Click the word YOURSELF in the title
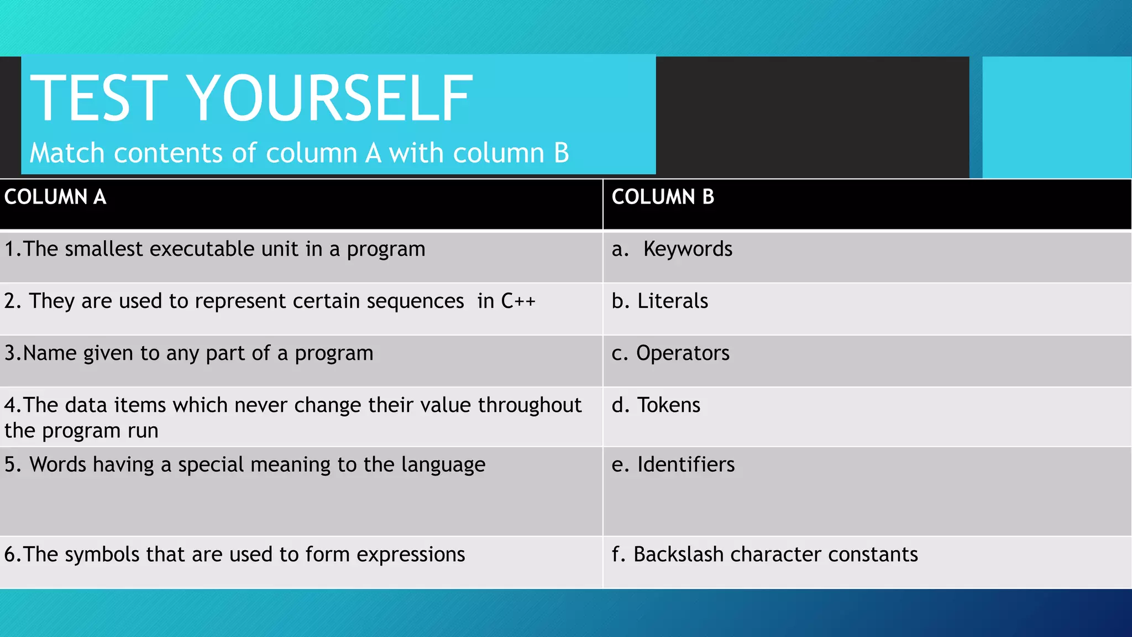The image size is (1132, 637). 331,98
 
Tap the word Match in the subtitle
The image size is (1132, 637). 67,153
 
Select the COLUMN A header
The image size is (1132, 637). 55,197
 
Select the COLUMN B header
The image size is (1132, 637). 663,197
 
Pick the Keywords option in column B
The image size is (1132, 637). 688,249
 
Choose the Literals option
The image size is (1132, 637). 673,301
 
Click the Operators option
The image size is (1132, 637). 683,353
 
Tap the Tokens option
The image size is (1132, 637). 669,405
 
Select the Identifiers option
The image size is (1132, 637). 686,465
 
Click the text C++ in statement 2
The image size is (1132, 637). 518,301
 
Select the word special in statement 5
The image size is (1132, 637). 211,466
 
